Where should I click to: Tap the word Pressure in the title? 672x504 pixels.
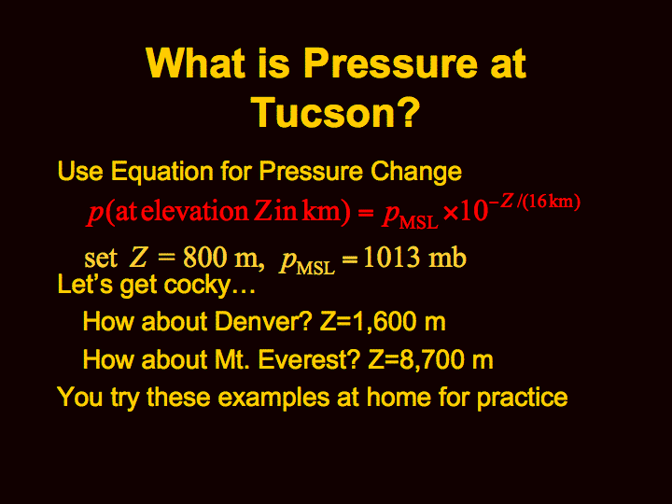[x=390, y=63]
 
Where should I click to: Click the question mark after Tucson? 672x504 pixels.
[x=407, y=110]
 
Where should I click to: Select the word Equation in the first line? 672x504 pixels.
[x=162, y=172]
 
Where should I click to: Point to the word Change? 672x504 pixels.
[x=416, y=172]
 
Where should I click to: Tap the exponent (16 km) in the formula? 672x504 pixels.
[x=552, y=201]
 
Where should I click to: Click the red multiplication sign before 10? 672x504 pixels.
[x=452, y=213]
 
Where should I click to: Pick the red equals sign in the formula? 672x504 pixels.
[x=365, y=213]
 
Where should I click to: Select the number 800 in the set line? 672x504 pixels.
[x=204, y=258]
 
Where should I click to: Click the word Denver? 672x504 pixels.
[x=262, y=321]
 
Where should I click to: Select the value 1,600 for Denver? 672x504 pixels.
[x=384, y=322]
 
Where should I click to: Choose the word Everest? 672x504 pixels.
[x=308, y=359]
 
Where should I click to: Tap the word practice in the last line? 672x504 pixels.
[x=522, y=398]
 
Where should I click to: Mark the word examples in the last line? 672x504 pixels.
[x=273, y=398]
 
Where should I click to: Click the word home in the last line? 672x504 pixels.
[x=399, y=397]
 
